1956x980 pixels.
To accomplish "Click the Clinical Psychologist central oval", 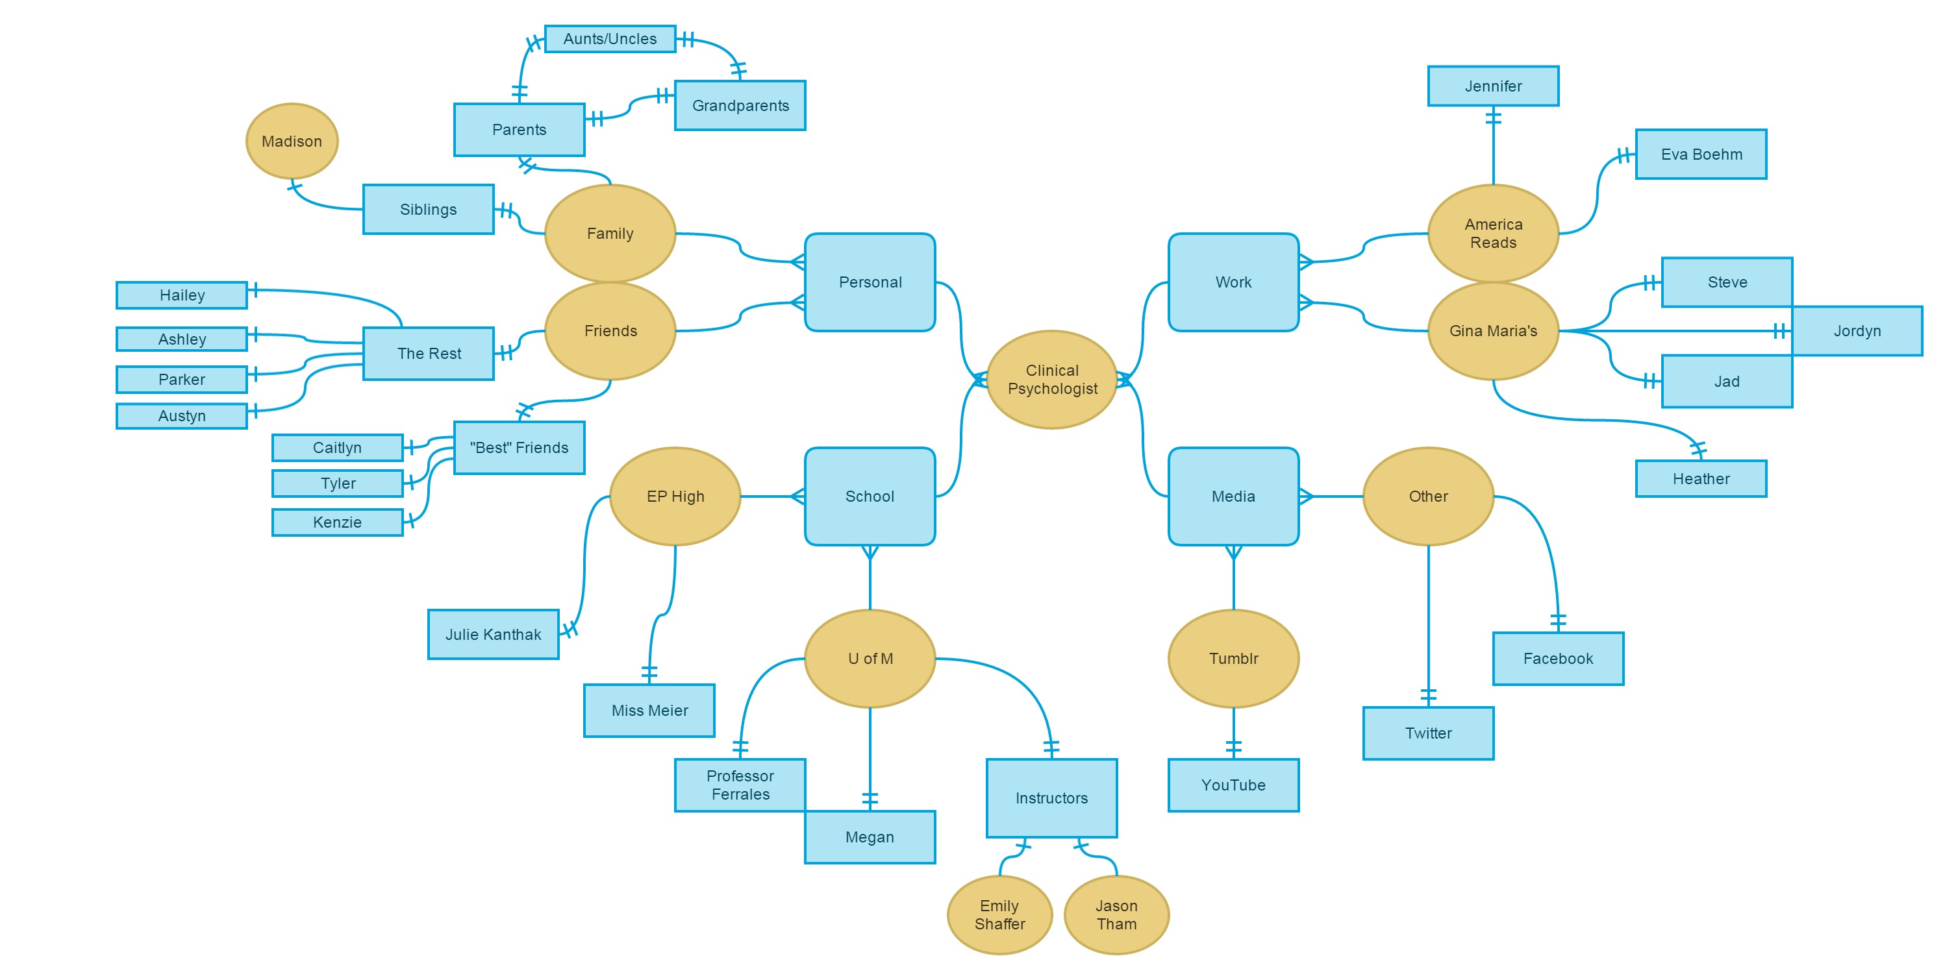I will pyautogui.click(x=1051, y=380).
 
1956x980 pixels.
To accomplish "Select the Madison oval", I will pyautogui.click(x=292, y=141).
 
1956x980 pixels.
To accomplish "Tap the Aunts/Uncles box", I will pyautogui.click(x=610, y=39).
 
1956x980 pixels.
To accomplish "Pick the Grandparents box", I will pyautogui.click(x=740, y=106).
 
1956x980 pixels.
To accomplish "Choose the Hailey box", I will pyautogui.click(x=181, y=295).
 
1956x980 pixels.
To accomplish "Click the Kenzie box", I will pyautogui.click(x=337, y=522).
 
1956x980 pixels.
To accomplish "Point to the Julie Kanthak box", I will pyautogui.click(x=493, y=635).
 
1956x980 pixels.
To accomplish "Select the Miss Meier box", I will pyautogui.click(x=649, y=711).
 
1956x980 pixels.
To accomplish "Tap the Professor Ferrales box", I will pyautogui.click(x=740, y=785).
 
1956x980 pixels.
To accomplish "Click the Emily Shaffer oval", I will pyautogui.click(x=999, y=914).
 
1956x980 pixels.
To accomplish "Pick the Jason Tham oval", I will pyautogui.click(x=1116, y=914).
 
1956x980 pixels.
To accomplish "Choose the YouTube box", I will pyautogui.click(x=1233, y=785).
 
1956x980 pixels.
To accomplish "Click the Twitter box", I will pyautogui.click(x=1427, y=733).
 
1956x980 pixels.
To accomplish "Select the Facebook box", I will pyautogui.click(x=1557, y=659).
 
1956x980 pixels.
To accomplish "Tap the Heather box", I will pyautogui.click(x=1700, y=479).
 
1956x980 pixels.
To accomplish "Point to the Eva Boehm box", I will pyautogui.click(x=1700, y=154).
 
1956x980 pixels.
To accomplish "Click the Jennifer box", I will pyautogui.click(x=1493, y=86).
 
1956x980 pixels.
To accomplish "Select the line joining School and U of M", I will pyautogui.click(x=870, y=581).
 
